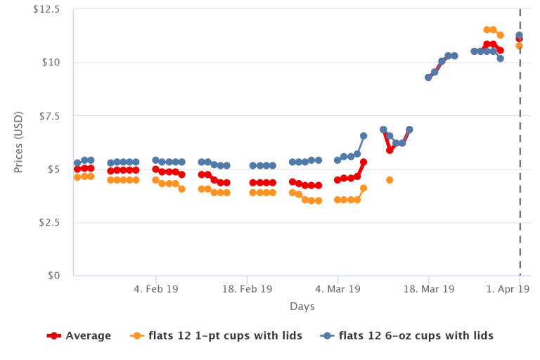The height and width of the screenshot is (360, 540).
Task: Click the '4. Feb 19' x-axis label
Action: (x=155, y=289)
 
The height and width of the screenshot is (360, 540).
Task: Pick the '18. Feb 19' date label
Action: (x=247, y=289)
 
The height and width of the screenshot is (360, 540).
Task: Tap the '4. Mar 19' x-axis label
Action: (x=337, y=289)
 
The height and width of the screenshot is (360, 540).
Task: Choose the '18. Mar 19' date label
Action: (x=429, y=289)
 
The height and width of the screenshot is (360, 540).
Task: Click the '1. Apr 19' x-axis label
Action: (x=513, y=289)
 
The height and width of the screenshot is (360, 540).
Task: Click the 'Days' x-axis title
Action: (x=302, y=307)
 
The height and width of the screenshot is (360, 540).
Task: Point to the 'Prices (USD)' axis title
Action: (x=19, y=143)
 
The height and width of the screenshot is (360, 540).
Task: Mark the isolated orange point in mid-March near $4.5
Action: (x=390, y=180)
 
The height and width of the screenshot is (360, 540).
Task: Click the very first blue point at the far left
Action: (x=77, y=163)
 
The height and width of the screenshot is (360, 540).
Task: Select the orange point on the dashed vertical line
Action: (x=520, y=46)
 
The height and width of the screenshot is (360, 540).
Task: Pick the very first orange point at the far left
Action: (x=77, y=177)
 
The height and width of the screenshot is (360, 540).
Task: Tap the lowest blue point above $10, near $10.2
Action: (x=500, y=58)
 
